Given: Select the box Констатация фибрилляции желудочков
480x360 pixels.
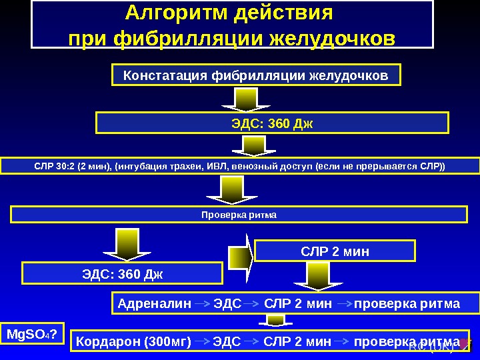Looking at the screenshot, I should pos(256,76).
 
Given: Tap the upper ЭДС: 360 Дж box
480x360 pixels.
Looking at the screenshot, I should pos(272,123).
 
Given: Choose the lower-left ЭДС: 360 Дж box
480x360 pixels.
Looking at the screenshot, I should pos(123,273).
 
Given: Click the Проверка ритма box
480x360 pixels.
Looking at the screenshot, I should pos(239,215).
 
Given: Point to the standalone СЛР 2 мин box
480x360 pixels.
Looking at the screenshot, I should pos(335,251).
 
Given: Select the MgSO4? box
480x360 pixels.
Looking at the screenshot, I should pos(31,333).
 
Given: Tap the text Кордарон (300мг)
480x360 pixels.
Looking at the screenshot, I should pos(133,342).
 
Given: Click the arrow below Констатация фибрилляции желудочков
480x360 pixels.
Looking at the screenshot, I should pos(243,99).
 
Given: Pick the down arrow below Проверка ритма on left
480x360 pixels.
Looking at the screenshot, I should pos(121,243).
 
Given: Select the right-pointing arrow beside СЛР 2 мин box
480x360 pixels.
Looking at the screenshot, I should pos(240,257).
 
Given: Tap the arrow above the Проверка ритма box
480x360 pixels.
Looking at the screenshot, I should pos(231,189).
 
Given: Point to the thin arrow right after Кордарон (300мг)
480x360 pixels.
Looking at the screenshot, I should pos(202,342).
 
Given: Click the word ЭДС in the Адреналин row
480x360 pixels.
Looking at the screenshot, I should pos(227,304).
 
